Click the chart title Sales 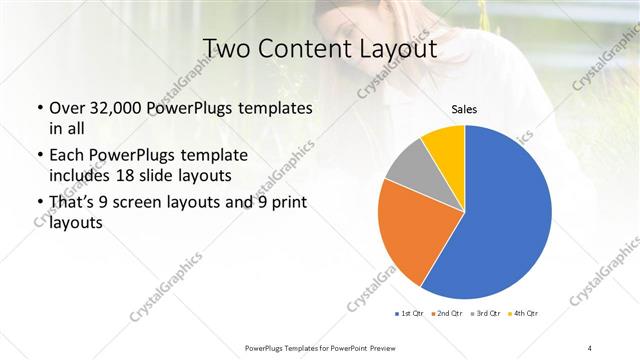463,108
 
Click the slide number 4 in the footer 590,347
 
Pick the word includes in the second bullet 81,176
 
